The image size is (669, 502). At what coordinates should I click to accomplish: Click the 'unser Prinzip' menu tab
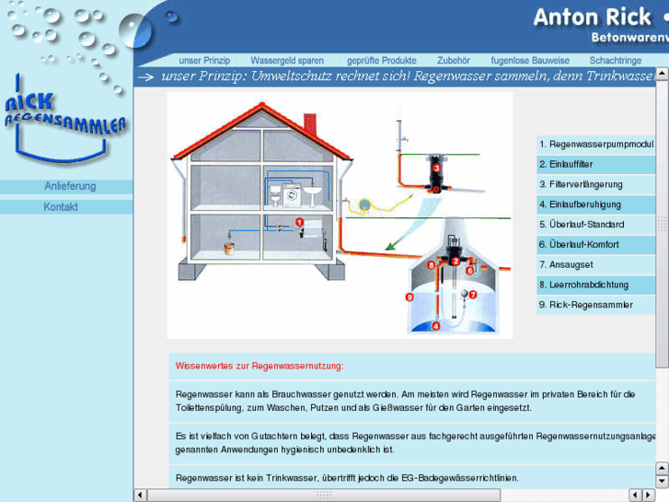click(x=204, y=61)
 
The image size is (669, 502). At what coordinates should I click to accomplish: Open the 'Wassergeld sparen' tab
click(x=287, y=61)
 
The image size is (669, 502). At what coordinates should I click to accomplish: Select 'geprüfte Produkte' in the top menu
click(x=382, y=61)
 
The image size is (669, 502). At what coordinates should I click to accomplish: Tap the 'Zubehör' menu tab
click(x=454, y=61)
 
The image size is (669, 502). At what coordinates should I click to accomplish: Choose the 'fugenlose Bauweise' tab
click(x=530, y=61)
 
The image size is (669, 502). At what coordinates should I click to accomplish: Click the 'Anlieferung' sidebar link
click(x=70, y=187)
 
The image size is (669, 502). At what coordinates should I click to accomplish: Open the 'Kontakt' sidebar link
click(x=61, y=207)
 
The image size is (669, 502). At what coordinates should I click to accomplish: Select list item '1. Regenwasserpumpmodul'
click(x=596, y=145)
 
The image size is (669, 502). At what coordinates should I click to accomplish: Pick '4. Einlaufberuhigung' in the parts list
click(x=580, y=204)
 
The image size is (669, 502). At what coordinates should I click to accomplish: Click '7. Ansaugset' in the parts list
click(x=566, y=265)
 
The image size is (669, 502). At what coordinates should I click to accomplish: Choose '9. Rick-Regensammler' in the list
click(x=586, y=305)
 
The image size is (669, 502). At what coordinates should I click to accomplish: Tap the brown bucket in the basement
click(x=229, y=249)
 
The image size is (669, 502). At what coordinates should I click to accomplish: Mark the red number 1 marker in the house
click(x=300, y=223)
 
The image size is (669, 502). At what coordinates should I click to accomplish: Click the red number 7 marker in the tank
click(x=473, y=296)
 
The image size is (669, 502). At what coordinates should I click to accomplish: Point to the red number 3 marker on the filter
click(x=436, y=169)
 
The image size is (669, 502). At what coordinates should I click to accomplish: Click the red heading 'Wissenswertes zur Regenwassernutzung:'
click(x=260, y=367)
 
